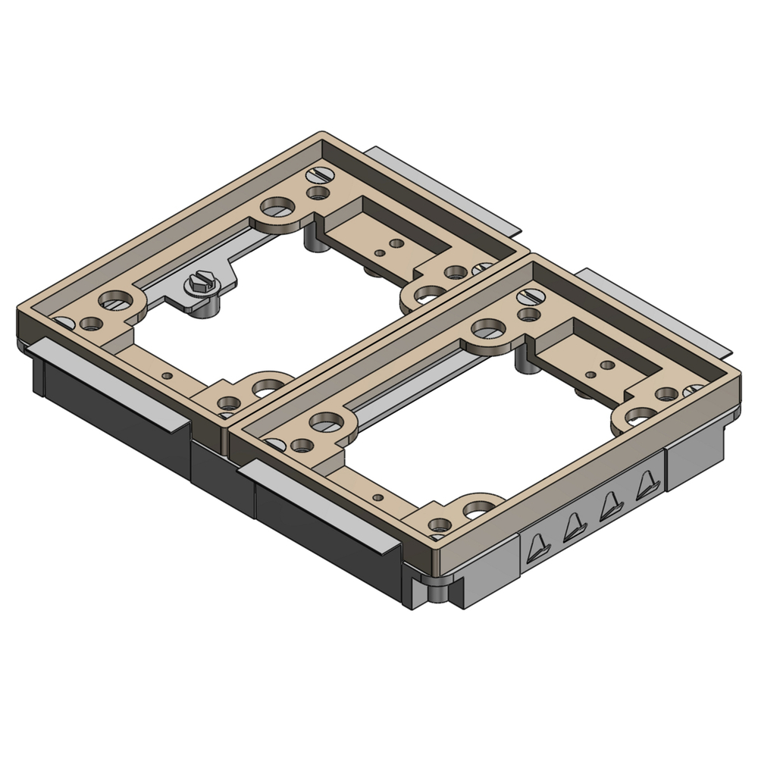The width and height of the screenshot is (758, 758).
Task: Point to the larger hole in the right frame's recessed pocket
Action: pos(606,365)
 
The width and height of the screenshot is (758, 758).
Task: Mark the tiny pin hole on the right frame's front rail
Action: pos(377,497)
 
